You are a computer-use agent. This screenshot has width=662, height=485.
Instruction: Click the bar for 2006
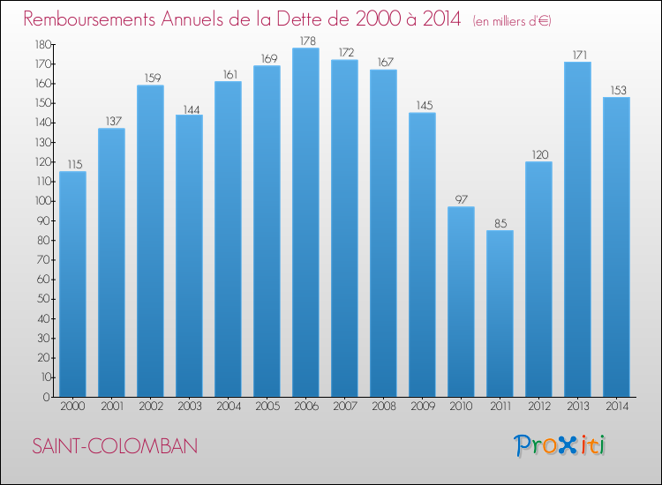305,222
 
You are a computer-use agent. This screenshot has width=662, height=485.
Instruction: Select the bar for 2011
500,313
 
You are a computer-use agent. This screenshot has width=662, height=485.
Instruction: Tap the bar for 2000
72,284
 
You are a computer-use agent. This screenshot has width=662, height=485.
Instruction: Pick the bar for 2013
577,229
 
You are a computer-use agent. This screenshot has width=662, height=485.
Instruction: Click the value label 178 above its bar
305,41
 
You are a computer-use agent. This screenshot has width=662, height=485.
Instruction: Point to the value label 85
500,223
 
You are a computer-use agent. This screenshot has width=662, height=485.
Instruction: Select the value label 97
461,199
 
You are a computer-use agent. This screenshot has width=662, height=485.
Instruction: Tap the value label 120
538,154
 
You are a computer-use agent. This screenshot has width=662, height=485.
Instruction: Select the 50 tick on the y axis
41,299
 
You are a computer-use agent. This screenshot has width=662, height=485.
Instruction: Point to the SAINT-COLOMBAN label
114,446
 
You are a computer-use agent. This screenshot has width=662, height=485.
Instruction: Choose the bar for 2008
383,233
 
